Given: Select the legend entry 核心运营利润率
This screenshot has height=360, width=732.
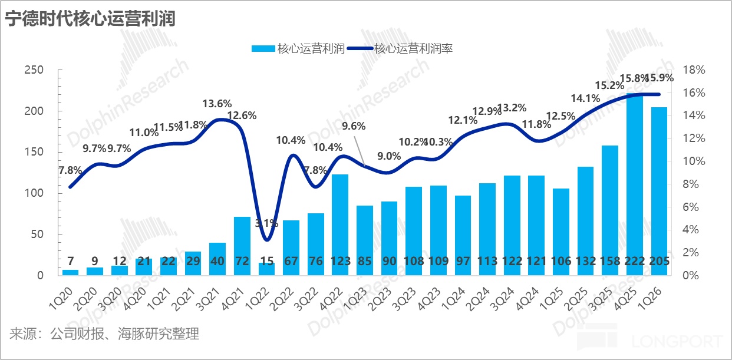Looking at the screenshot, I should click(x=413, y=49).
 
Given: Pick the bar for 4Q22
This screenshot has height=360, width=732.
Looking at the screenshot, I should click(x=340, y=224).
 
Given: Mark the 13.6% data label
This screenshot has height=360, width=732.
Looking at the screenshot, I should click(x=217, y=104).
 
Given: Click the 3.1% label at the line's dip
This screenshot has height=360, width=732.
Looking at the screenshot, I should click(x=266, y=223).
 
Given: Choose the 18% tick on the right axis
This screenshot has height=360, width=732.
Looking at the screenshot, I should click(x=694, y=70).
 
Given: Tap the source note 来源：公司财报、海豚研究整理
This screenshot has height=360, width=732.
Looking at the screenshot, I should click(x=104, y=334).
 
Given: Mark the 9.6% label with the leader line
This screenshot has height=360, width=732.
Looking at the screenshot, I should click(x=354, y=125).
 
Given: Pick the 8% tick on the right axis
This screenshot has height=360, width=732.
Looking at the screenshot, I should click(x=691, y=184).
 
